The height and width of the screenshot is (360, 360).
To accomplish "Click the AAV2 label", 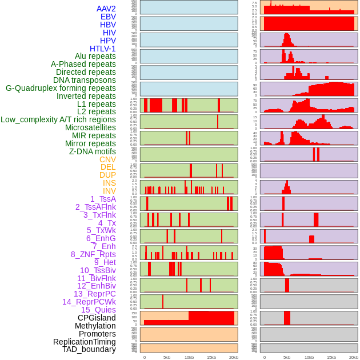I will [x=106, y=9].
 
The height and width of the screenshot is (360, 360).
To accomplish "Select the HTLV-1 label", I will [x=102, y=49].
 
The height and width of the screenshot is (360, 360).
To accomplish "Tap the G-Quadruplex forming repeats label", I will [x=61, y=88].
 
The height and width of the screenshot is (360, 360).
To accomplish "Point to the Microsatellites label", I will [x=90, y=127].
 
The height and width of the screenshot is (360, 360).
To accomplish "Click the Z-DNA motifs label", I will [x=92, y=151].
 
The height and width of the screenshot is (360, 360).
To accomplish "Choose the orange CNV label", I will [x=107, y=159].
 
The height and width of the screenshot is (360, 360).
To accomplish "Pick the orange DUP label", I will [x=107, y=175].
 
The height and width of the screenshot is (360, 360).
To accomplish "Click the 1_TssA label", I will [x=103, y=199].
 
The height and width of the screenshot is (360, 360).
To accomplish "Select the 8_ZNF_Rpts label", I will [x=93, y=254].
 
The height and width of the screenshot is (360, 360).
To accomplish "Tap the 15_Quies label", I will [x=98, y=310].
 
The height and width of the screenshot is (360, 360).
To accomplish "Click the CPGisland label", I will [x=97, y=318].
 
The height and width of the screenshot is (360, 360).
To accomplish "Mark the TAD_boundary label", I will [x=89, y=349].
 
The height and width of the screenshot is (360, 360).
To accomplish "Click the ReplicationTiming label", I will [x=84, y=342].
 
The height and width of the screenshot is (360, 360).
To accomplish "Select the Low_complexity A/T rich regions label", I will [x=58, y=119].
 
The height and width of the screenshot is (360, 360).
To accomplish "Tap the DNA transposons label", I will [x=85, y=80].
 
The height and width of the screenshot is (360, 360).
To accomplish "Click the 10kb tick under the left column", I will [x=189, y=357].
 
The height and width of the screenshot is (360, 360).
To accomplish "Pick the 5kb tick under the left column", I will [x=167, y=357].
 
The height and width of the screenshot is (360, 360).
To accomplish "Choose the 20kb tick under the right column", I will [x=354, y=357].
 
